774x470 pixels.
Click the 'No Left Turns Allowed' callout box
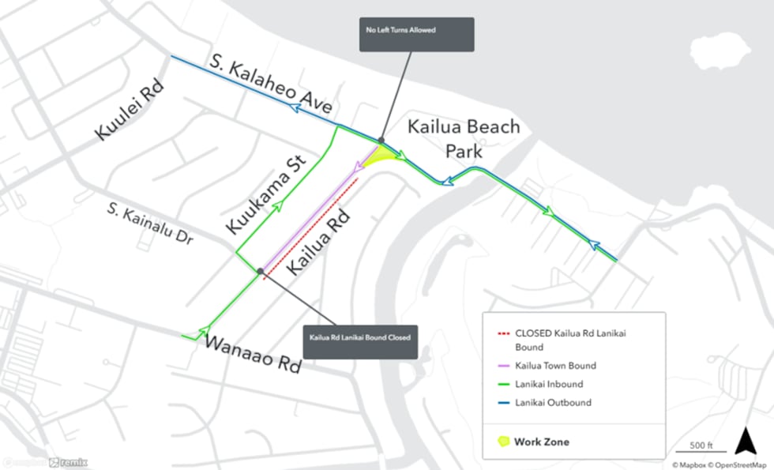(416, 35)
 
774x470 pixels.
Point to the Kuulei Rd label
(130, 111)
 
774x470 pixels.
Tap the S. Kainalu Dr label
(150, 224)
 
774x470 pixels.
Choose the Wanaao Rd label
(254, 353)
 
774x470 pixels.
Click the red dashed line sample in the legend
(502, 333)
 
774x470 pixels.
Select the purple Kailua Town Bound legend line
(502, 365)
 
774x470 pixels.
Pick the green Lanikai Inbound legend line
(502, 384)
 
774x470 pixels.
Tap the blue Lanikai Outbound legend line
(502, 403)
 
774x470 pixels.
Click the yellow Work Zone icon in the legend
(502, 442)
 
